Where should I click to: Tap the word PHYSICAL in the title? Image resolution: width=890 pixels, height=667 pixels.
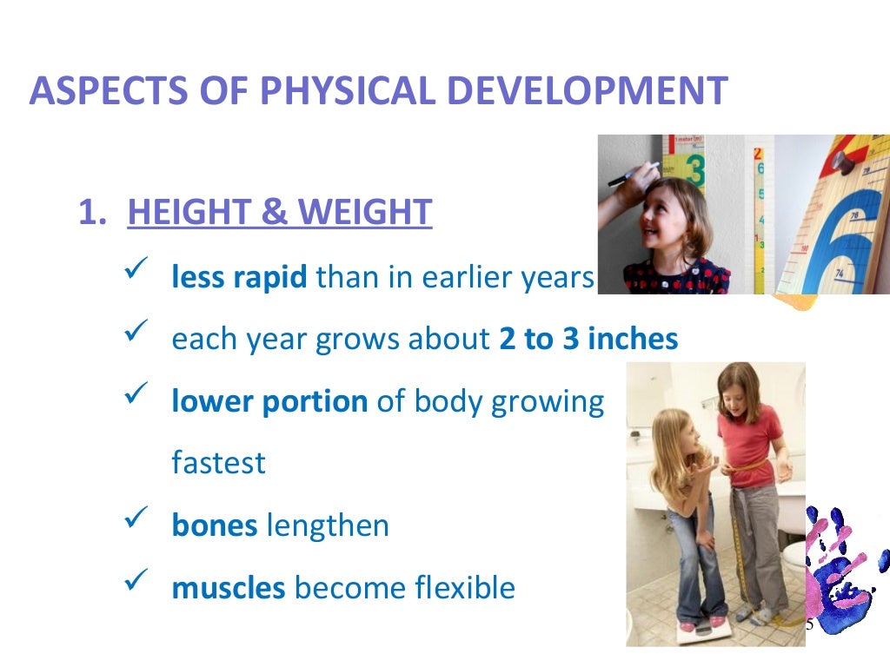tap(306, 91)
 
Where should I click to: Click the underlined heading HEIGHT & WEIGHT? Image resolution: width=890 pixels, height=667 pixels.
tap(279, 213)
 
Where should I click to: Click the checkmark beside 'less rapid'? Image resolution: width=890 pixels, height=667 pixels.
tap(139, 274)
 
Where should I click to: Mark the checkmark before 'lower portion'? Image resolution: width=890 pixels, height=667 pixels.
tap(139, 399)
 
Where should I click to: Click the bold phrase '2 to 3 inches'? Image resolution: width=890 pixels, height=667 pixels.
tap(588, 339)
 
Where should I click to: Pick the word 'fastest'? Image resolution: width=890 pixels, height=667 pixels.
tap(218, 463)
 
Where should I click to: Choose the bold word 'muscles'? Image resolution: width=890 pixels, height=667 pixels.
tap(229, 588)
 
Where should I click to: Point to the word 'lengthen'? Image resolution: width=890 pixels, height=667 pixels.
tap(328, 525)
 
